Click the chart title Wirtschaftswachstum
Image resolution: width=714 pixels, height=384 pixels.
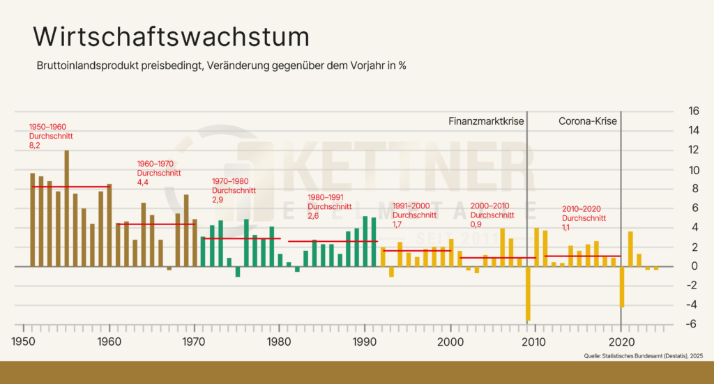click(171, 37)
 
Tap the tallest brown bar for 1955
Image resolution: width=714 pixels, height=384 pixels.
click(66, 209)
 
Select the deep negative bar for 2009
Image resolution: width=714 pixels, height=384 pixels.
click(528, 293)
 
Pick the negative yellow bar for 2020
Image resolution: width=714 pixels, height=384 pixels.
click(621, 286)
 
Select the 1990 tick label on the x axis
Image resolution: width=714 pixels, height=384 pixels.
click(365, 342)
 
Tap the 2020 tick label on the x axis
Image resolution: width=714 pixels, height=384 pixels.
click(621, 342)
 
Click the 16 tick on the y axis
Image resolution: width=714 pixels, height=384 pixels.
click(674, 111)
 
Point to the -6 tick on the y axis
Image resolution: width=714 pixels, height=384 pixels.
click(673, 325)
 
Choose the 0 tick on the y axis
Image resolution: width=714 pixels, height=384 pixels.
click(674, 266)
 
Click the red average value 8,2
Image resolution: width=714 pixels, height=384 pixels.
click(34, 146)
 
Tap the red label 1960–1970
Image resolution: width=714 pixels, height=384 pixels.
click(155, 164)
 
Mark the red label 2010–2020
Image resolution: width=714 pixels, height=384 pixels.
click(581, 209)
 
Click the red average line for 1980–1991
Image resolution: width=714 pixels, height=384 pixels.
click(333, 241)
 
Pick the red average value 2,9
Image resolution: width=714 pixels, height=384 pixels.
click(218, 199)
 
